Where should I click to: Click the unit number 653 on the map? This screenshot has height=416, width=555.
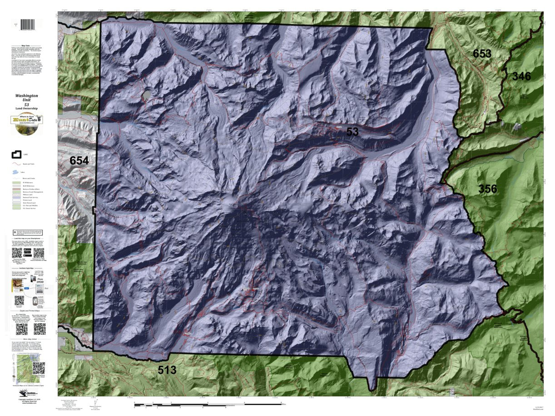click(x=481, y=54)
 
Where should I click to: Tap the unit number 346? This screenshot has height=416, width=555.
click(x=521, y=76)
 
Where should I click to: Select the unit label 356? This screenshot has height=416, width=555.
click(x=487, y=189)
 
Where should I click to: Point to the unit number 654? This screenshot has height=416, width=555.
click(x=79, y=160)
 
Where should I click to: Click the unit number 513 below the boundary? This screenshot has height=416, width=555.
click(x=167, y=370)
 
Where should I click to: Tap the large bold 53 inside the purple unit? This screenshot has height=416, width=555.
click(x=352, y=132)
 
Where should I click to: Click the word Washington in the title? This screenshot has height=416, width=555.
click(x=27, y=96)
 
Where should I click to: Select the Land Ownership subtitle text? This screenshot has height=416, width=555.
click(x=27, y=108)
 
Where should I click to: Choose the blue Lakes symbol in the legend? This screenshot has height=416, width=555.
click(x=16, y=173)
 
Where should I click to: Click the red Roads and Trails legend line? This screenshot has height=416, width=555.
click(x=16, y=164)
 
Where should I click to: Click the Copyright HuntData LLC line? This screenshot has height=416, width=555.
click(x=27, y=399)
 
